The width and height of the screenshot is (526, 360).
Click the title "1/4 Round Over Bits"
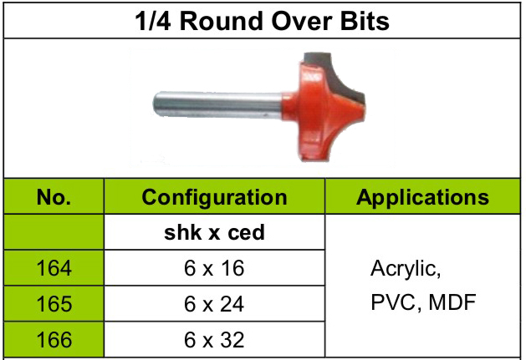pos(262,21)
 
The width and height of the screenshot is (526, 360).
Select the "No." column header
pos(54,197)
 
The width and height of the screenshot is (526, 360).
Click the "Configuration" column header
pos(214,197)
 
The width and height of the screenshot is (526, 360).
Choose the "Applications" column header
pos(422,197)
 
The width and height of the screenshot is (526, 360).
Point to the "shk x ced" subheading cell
pos(214,232)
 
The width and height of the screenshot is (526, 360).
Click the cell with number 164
pos(54,268)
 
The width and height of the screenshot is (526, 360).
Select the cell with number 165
pos(54,304)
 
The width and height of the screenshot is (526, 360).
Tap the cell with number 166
pos(54,340)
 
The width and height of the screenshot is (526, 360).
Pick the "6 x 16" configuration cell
pos(214,268)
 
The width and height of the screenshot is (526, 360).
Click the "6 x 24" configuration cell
pos(214,304)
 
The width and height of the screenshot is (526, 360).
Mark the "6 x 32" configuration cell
pos(214,340)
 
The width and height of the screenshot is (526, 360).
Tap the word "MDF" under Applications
pos(452,302)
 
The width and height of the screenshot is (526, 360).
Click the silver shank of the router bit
pos(218,104)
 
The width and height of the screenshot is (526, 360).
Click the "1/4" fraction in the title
pos(153,21)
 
